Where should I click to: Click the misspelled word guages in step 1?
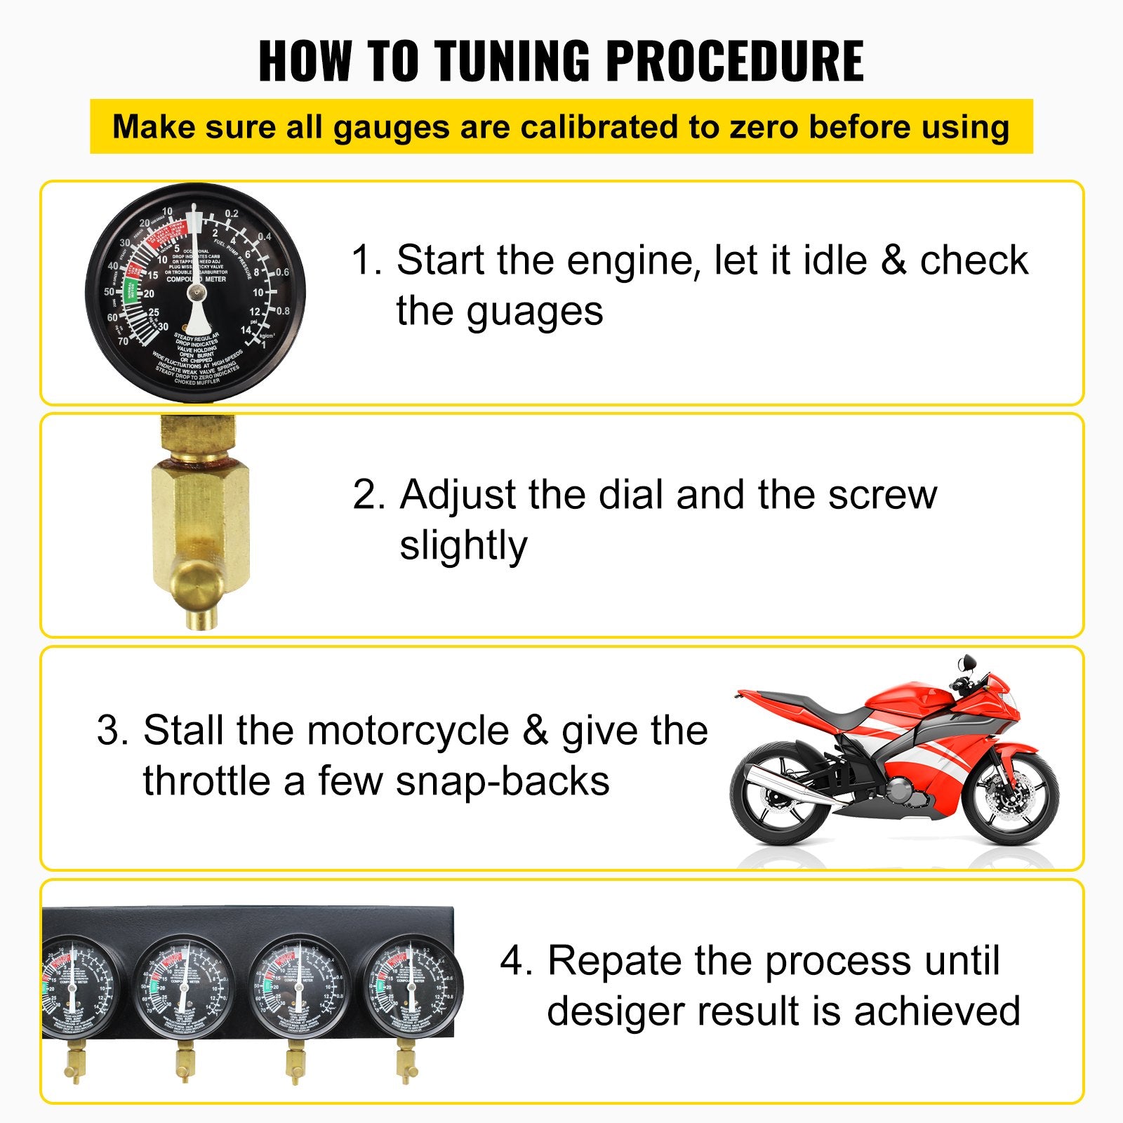coord(535,311)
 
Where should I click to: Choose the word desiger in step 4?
coord(615,1011)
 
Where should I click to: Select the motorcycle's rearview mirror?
coord(968,663)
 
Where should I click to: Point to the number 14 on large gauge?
coord(246,330)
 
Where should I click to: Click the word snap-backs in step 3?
coord(503,780)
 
